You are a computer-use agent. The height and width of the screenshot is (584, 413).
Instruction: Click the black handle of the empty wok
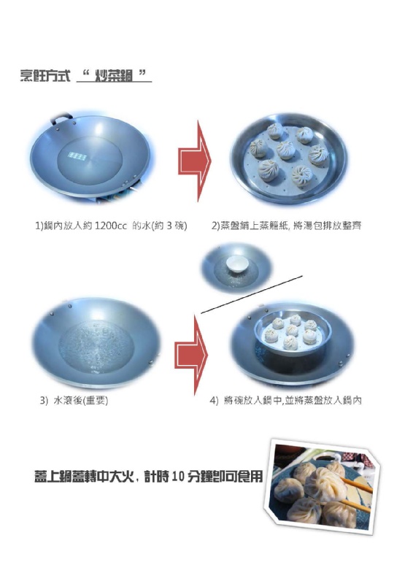tap(61, 118)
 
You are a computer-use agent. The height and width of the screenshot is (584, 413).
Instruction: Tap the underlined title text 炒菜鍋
tap(114, 76)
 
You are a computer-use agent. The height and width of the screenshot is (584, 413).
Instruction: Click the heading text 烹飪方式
tap(45, 76)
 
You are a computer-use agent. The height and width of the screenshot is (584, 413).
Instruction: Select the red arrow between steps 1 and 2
tap(194, 161)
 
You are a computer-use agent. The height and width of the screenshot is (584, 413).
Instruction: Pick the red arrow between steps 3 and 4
tap(191, 355)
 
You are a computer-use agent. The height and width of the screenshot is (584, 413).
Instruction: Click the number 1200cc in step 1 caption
tap(111, 226)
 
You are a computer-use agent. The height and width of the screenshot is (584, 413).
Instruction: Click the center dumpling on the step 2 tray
tap(285, 150)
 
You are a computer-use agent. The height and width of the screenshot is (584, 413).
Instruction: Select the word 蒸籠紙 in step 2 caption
tap(273, 226)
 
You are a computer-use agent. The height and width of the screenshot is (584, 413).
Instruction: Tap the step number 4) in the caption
tap(214, 401)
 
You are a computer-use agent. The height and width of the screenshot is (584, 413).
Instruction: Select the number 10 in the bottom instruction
tap(178, 477)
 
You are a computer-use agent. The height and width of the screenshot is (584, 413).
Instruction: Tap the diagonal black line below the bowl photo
tap(252, 295)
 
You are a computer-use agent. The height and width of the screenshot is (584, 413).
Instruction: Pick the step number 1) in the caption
tap(39, 226)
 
